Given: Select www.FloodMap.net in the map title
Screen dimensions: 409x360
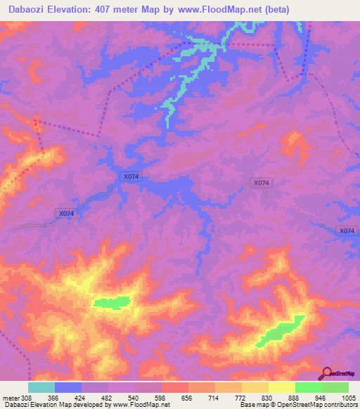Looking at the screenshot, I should click(213, 9).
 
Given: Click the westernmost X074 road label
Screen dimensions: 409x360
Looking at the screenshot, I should click(65, 213).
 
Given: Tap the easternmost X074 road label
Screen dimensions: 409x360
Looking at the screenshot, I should click(347, 231).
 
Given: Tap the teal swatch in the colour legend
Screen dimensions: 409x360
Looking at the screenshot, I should click(41, 387).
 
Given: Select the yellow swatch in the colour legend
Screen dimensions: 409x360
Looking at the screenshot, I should click(281, 387).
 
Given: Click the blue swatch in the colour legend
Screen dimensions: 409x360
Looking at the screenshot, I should click(68, 387).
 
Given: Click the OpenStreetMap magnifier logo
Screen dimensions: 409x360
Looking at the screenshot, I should click(327, 372).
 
